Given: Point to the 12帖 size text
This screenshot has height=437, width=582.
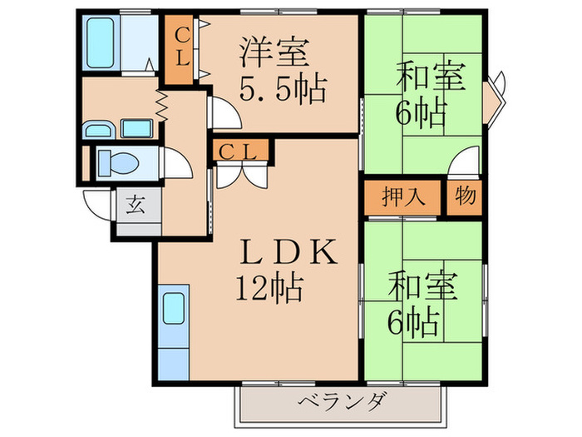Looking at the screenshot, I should (x=268, y=290).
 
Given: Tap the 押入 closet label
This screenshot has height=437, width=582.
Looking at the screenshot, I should (x=404, y=198).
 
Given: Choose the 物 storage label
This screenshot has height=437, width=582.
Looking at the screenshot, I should (x=466, y=198).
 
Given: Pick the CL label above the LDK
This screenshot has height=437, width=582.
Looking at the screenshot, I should (x=241, y=151).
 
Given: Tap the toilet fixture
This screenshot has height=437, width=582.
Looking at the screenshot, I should (x=116, y=161).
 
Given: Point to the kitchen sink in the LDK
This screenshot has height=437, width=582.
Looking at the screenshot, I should (x=175, y=309).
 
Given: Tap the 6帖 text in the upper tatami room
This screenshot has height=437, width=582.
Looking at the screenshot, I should (x=421, y=112).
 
